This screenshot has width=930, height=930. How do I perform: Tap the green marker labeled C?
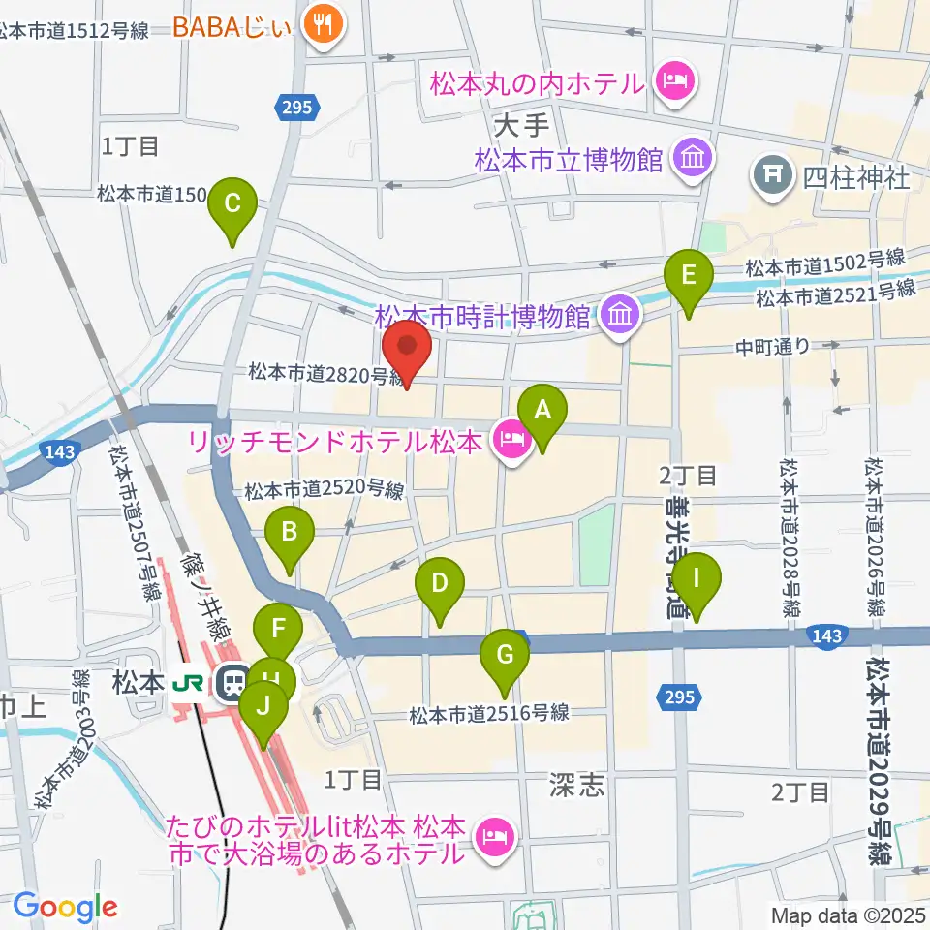(x=232, y=204)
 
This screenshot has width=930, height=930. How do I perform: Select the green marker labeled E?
(x=689, y=276)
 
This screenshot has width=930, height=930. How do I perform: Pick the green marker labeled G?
(x=504, y=655)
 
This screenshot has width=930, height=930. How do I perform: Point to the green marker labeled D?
(x=440, y=584)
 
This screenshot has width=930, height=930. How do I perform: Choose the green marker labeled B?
(x=289, y=532)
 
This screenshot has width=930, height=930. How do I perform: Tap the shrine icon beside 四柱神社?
(x=773, y=177)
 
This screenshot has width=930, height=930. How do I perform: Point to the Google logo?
(x=65, y=907)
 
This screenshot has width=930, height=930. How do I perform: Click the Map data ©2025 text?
(x=849, y=914)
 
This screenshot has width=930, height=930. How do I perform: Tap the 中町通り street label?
(x=772, y=346)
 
